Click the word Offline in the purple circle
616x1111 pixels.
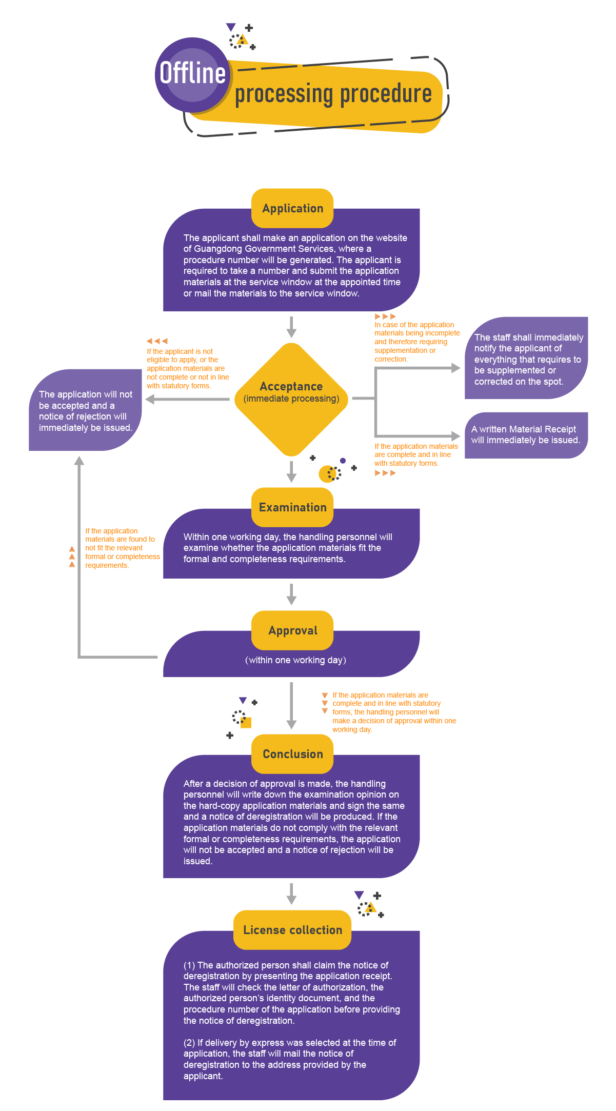click(x=192, y=73)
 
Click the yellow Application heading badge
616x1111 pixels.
click(x=292, y=208)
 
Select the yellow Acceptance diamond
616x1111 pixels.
click(x=291, y=399)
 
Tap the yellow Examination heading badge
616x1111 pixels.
click(x=292, y=507)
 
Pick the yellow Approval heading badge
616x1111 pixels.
click(x=292, y=630)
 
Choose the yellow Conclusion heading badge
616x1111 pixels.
click(x=292, y=754)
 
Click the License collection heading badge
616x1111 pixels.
click(x=292, y=930)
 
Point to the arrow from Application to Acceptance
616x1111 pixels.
click(x=291, y=327)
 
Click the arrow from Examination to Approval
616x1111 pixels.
click(x=291, y=594)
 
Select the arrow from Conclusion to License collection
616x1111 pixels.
click(x=291, y=894)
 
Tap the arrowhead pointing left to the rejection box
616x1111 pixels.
click(x=150, y=399)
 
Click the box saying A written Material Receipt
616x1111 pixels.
click(x=526, y=435)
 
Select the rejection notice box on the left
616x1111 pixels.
click(x=85, y=410)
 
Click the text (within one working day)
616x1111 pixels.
click(x=295, y=660)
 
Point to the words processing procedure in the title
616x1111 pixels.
click(x=333, y=94)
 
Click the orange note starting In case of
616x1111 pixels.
click(x=416, y=342)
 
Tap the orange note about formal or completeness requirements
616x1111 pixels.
click(x=122, y=548)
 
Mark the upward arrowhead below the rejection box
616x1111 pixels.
click(x=79, y=461)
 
